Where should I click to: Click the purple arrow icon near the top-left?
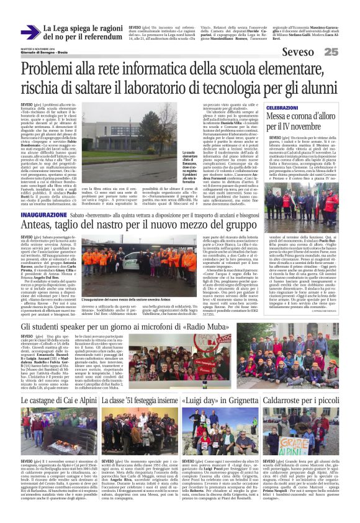(x=30, y=32)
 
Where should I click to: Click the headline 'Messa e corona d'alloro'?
(x=300, y=117)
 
